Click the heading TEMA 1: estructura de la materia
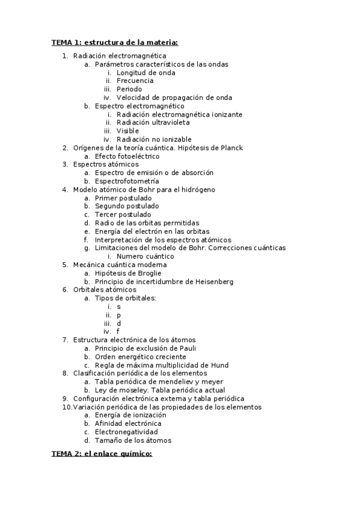pyautogui.click(x=114, y=42)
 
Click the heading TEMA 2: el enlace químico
pyautogui.click(x=102, y=453)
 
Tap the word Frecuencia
pyautogui.click(x=135, y=81)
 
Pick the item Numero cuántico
pyautogui.click(x=145, y=256)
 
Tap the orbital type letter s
pyautogui.click(x=118, y=307)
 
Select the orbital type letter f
pyautogui.click(x=118, y=331)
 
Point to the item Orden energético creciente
pyautogui.click(x=140, y=357)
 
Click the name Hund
pyautogui.click(x=220, y=365)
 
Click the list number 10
pyautogui.click(x=67, y=407)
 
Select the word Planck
pyautogui.click(x=231, y=147)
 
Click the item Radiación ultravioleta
pyautogui.click(x=153, y=123)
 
